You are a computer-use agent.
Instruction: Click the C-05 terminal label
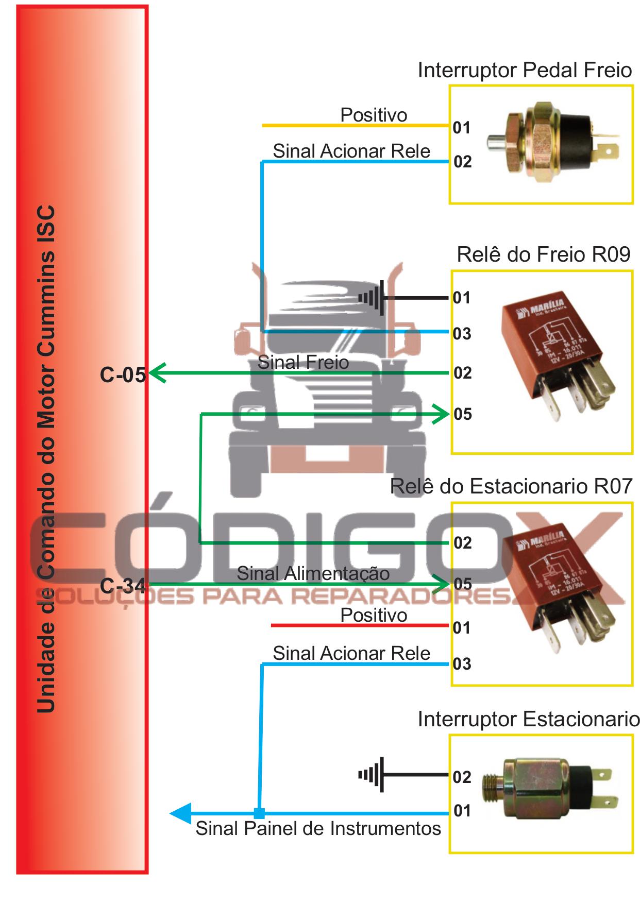coord(123,375)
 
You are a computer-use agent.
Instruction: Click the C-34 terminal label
coord(123,586)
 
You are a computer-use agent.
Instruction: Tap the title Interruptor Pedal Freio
coord(525,71)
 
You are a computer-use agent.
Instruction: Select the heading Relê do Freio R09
coord(544,254)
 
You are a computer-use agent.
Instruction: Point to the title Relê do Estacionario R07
coord(511,487)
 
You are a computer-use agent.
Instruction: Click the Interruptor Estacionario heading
coord(529,719)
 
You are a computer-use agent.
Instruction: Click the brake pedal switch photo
coord(551,142)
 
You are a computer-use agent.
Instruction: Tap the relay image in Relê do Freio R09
coord(556,355)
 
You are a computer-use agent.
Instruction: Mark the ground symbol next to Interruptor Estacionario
coord(372,774)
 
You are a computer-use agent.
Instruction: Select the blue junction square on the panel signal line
coord(259,813)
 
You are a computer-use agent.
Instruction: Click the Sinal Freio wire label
coord(303,363)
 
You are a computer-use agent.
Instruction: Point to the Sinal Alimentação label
coord(313,573)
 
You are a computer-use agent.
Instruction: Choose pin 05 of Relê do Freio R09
coord(463,414)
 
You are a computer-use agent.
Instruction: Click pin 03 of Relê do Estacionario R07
coord(462,664)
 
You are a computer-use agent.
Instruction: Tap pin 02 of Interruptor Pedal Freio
coord(462,162)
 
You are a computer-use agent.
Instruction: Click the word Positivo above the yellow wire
coord(374,115)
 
